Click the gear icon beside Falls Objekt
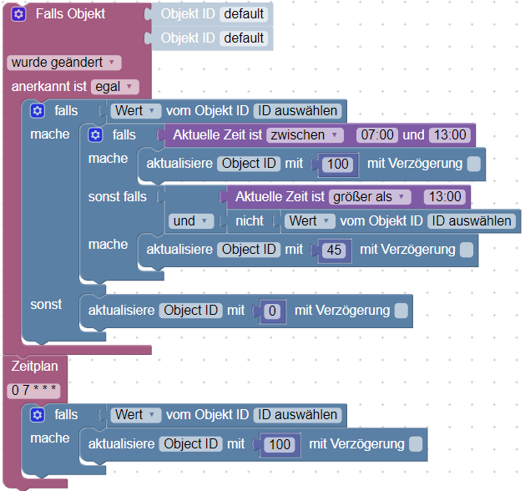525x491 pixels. [x=19, y=14]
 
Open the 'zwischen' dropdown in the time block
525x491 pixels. [x=305, y=134]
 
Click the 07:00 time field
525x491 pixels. [x=375, y=134]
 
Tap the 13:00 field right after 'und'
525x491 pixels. [x=451, y=134]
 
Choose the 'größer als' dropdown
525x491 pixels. [x=368, y=196]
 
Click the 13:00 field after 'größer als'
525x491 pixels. [x=444, y=196]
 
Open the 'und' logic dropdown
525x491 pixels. [x=191, y=221]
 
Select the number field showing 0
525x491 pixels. [x=270, y=311]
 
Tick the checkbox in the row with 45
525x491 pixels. [x=467, y=250]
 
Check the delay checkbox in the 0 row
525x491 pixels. [x=401, y=311]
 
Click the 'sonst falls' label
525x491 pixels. [x=117, y=196]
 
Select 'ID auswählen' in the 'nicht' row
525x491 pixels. [x=471, y=221]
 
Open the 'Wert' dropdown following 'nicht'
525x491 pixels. [x=310, y=221]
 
